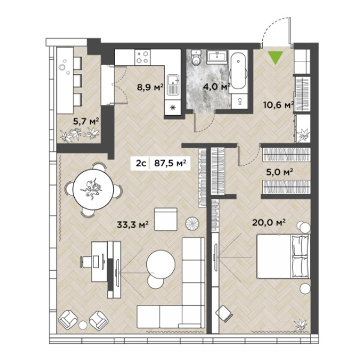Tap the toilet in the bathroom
click(x=196, y=58)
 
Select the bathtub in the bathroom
click(x=238, y=71)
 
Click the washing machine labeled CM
click(x=239, y=101)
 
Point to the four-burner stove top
click(x=142, y=57)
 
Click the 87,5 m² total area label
click(x=170, y=163)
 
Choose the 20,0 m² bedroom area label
click(x=269, y=222)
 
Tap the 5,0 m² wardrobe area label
click(x=279, y=172)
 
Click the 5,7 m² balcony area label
click(x=86, y=121)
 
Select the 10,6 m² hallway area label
click(x=279, y=105)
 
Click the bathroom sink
click(x=217, y=57)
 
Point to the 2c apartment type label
click(x=141, y=163)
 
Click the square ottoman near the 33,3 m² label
click(x=166, y=219)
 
